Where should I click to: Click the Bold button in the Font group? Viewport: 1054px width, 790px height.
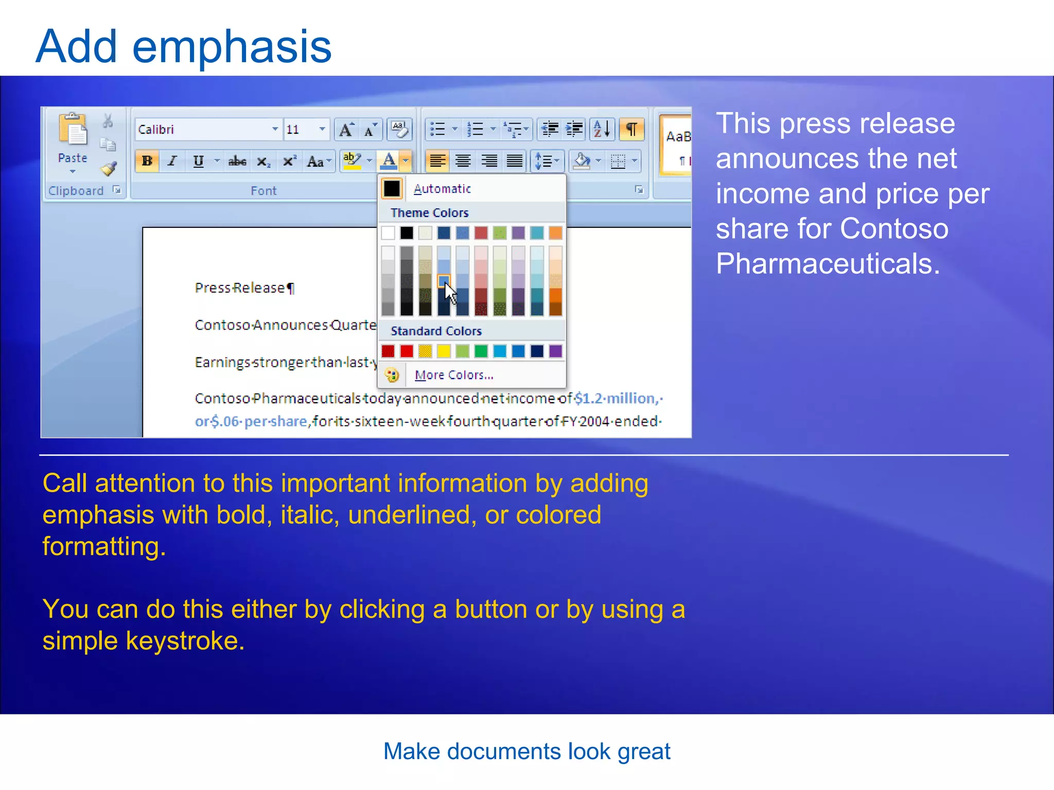147,161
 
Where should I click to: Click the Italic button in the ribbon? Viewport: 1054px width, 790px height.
172,161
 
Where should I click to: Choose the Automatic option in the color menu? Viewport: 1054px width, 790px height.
442,189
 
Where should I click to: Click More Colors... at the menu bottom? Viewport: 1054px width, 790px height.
453,375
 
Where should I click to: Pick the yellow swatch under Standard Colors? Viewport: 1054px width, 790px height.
444,351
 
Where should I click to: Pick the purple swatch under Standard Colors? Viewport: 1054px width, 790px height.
555,351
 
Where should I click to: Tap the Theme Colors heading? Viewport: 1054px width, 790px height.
429,213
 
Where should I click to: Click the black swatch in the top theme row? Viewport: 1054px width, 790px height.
407,233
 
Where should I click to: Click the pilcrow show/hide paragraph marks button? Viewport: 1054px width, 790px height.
631,129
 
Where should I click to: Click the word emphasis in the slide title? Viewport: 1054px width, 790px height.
232,47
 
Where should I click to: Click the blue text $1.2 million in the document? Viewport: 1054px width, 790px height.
615,399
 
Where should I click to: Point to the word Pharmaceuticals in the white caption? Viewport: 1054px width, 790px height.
827,264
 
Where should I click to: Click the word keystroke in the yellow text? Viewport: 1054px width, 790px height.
184,641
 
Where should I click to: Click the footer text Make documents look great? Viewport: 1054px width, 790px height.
526,751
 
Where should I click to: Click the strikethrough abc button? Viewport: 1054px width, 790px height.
237,161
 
